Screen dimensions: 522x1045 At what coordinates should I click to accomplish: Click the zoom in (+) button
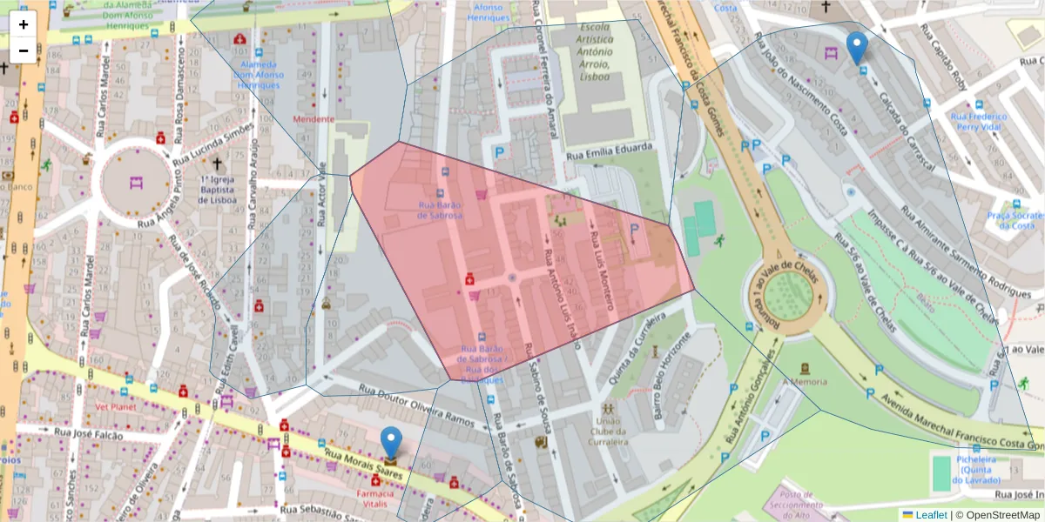(24, 24)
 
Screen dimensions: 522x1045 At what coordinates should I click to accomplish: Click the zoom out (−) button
(24, 50)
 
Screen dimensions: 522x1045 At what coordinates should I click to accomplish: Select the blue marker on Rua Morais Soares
(392, 443)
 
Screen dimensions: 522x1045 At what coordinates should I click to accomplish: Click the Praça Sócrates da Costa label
(1015, 220)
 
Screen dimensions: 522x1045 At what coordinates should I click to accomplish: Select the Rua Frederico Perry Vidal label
(978, 121)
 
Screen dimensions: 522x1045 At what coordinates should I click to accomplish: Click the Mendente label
(313, 118)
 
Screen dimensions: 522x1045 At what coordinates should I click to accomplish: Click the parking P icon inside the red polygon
(634, 231)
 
